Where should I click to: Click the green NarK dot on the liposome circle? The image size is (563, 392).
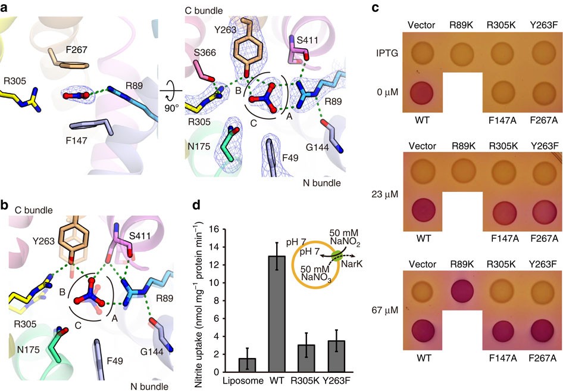click(336, 257)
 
